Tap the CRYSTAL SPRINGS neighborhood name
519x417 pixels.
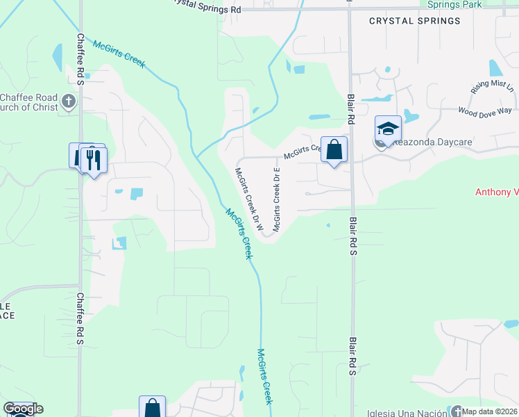pos(414,21)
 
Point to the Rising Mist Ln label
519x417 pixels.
pos(493,87)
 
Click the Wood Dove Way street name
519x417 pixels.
pos(484,111)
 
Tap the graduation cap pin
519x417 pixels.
pos(388,129)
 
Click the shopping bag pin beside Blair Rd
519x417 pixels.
pos(334,149)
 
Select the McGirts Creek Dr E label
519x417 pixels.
pos(278,199)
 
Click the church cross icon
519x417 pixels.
pos(68,102)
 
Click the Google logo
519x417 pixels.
pos(23,409)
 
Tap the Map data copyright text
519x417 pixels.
pos(490,411)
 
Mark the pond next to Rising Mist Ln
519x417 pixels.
pos(495,67)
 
